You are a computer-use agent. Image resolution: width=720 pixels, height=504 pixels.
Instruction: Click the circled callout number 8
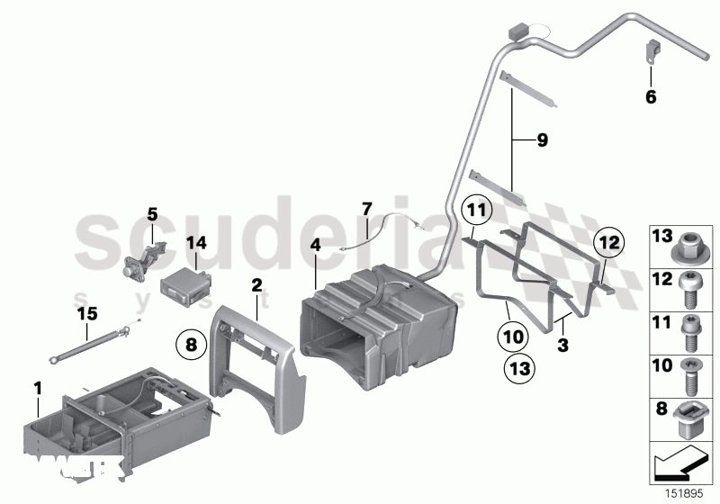(x=190, y=343)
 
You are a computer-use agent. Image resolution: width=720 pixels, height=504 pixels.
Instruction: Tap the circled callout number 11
(x=477, y=213)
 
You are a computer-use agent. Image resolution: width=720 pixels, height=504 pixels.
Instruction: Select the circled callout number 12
(x=608, y=241)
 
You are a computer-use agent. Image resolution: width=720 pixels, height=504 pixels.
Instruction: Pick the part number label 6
(x=651, y=96)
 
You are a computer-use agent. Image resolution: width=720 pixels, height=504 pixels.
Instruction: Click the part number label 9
(x=542, y=140)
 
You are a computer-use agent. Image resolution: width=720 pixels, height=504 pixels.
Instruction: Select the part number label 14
(x=196, y=242)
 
